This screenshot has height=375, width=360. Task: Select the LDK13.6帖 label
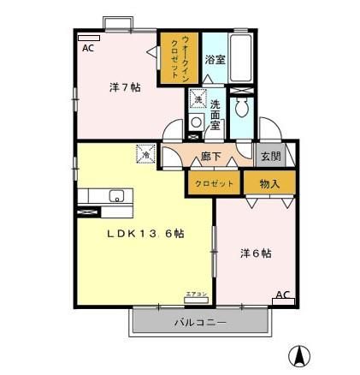(x=146, y=232)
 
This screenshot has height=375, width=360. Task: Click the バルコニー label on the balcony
(x=200, y=323)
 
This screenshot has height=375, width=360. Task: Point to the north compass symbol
(x=301, y=353)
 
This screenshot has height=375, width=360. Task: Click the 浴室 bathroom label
(x=214, y=59)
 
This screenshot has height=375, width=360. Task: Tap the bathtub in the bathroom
(x=242, y=60)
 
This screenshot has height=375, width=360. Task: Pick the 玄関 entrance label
(x=271, y=156)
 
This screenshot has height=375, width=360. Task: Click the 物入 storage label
(x=270, y=182)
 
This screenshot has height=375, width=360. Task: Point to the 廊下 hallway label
(x=212, y=157)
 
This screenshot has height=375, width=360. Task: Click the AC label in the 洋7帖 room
(x=88, y=49)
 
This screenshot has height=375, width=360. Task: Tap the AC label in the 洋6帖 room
(x=283, y=295)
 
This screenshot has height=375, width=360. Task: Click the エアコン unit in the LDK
(x=196, y=297)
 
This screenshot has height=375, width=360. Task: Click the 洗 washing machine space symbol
(x=198, y=100)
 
